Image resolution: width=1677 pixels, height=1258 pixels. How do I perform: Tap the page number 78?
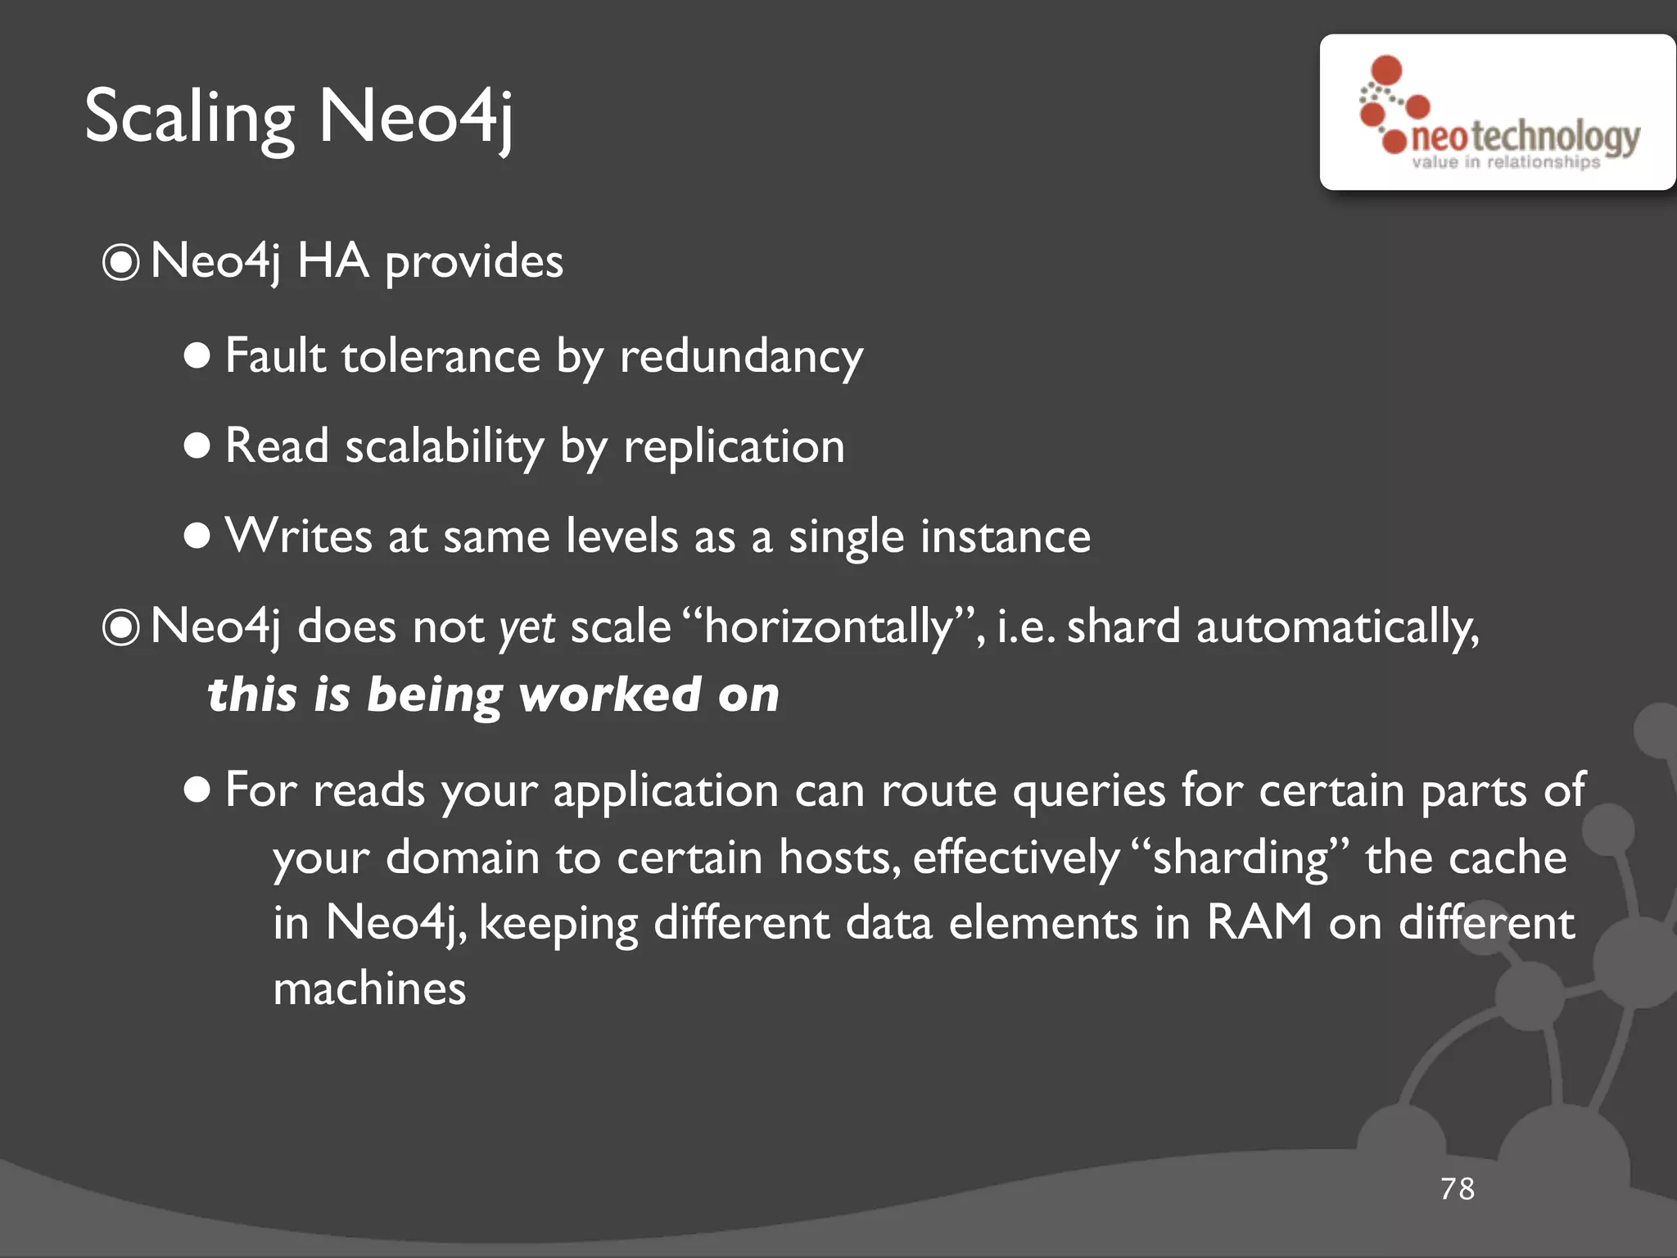tap(1458, 1188)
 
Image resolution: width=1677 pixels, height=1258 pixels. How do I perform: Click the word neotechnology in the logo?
tap(1526, 137)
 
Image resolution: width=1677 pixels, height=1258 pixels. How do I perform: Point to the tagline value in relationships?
tap(1505, 162)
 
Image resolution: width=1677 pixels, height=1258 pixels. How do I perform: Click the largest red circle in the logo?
tap(1386, 70)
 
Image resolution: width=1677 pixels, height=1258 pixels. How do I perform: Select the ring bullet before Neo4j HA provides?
tap(121, 263)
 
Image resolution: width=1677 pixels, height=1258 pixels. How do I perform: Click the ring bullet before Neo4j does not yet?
tap(121, 628)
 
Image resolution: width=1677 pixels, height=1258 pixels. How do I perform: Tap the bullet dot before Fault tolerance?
tap(197, 355)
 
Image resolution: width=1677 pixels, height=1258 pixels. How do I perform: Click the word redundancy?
tap(741, 357)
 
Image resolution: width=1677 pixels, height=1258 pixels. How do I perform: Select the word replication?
tap(734, 447)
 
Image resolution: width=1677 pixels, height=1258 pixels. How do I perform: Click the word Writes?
tap(299, 536)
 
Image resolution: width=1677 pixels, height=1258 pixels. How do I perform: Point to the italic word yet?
tap(527, 627)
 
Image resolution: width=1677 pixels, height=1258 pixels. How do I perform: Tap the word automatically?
tap(1337, 627)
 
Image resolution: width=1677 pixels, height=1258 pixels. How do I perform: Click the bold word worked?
tap(610, 695)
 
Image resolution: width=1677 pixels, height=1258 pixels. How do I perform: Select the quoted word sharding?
tap(1240, 858)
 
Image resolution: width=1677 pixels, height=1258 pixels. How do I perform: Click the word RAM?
tap(1259, 922)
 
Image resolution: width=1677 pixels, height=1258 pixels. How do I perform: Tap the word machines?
tap(369, 989)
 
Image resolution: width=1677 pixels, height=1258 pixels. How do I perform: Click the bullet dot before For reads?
tap(197, 790)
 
